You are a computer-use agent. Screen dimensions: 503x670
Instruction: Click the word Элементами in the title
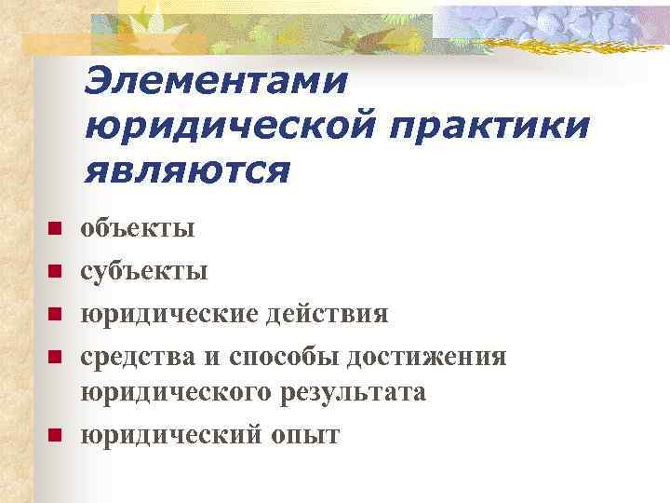(216, 81)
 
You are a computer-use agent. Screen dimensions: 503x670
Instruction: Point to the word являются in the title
(187, 170)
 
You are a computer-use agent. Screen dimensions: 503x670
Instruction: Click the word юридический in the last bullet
(171, 435)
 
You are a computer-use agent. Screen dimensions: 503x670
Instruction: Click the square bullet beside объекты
(55, 228)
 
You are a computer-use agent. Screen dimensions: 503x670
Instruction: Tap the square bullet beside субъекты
(55, 272)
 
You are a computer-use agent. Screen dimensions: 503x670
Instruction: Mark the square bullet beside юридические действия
(55, 315)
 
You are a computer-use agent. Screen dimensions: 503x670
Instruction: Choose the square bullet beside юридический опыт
(55, 435)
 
